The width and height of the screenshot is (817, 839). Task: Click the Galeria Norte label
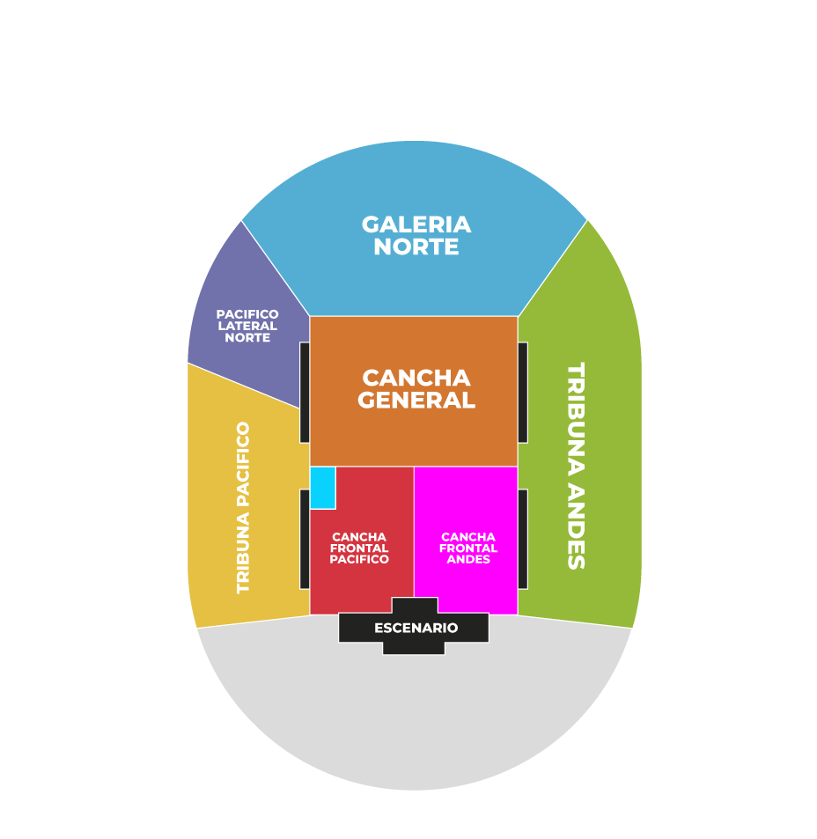pos(416,235)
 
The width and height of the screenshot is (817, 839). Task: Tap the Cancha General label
pos(417,389)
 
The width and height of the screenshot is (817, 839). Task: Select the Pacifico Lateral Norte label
pos(247,326)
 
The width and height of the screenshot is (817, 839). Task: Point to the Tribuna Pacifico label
pos(243,507)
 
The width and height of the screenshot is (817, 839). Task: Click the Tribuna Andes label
pos(576,465)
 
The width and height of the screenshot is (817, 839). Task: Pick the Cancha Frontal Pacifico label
pos(359,548)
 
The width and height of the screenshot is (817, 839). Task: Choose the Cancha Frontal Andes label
pos(468,548)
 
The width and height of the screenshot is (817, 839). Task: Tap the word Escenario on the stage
pos(416,628)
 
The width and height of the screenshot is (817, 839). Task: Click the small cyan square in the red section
pos(322,487)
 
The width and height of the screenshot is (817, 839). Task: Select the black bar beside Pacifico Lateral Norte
pos(304,392)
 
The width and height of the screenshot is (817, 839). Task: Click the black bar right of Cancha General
pos(523,392)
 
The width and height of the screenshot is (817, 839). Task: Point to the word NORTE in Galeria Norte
pos(416,247)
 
